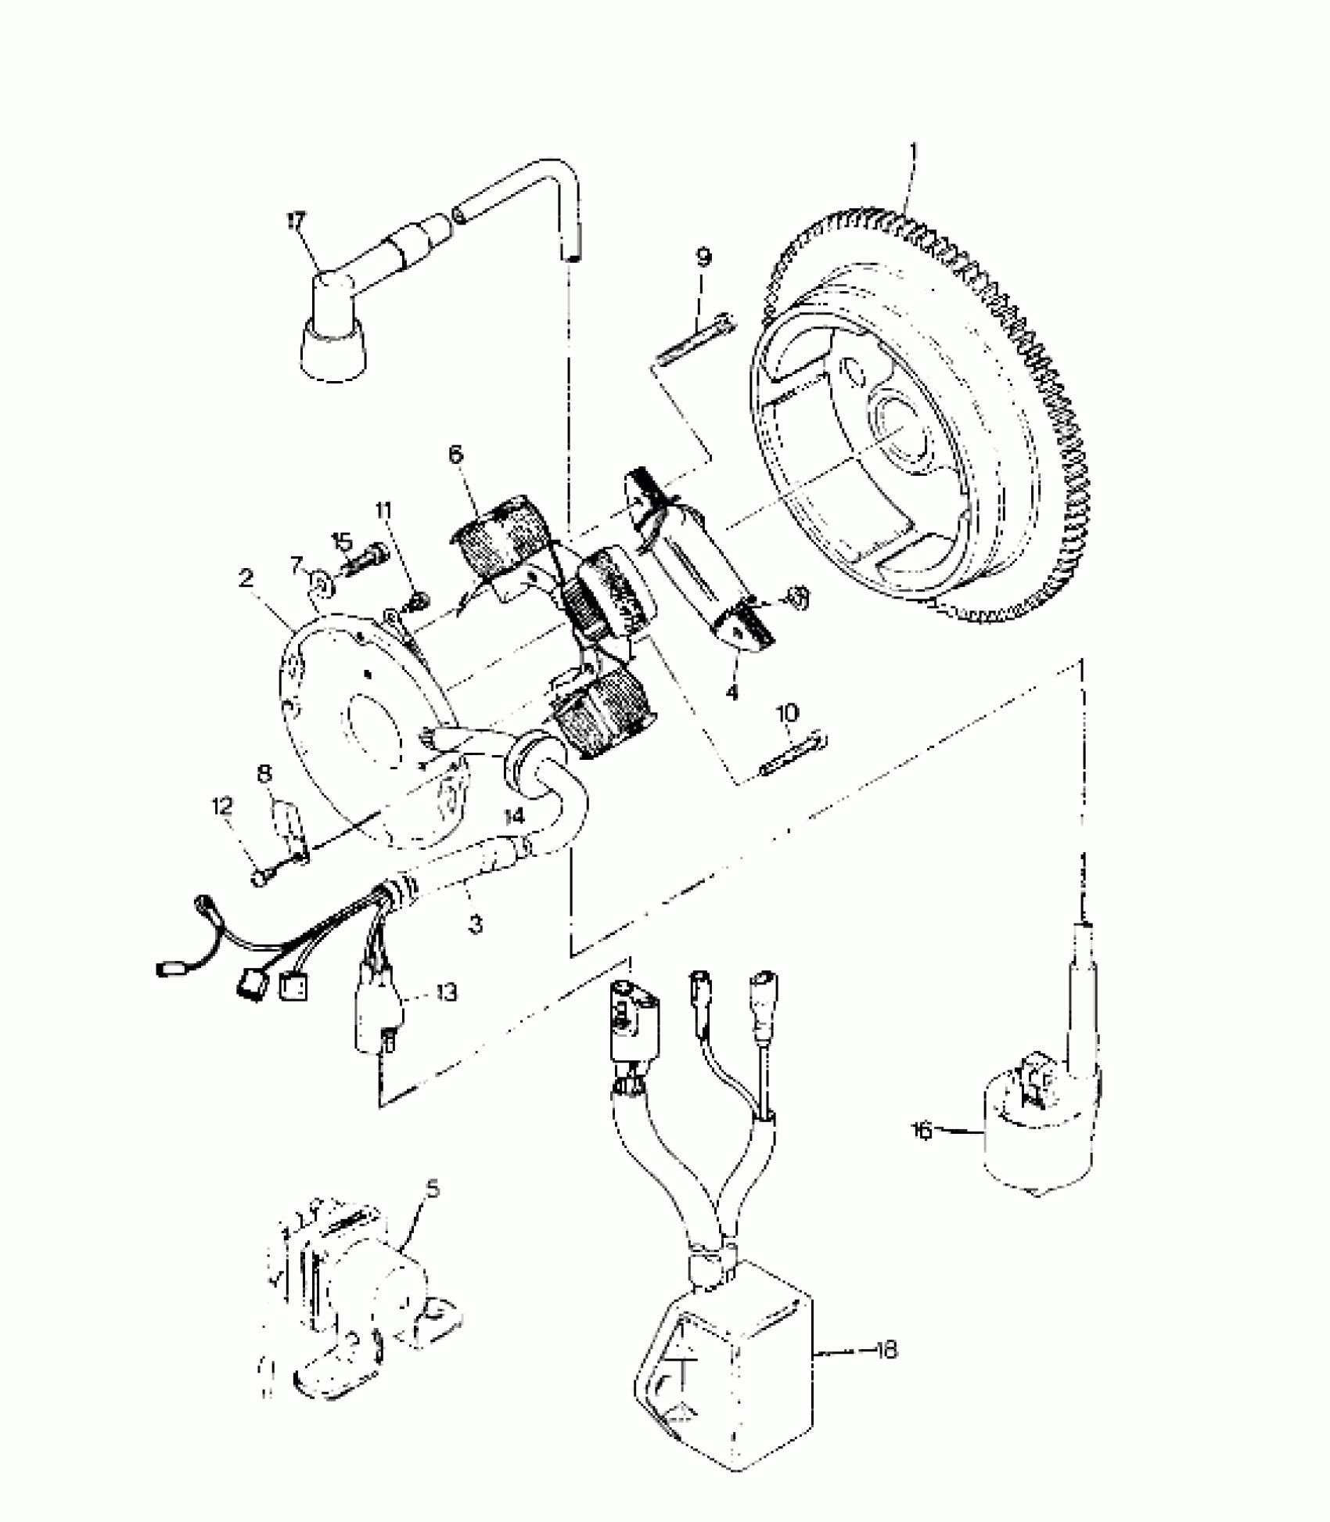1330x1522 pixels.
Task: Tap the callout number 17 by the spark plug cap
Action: pos(297,221)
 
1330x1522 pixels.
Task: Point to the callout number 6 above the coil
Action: pos(455,454)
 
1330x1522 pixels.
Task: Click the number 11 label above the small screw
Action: pos(383,510)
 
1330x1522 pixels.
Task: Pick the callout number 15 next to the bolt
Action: pos(342,540)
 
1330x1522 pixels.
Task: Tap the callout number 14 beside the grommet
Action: pos(514,816)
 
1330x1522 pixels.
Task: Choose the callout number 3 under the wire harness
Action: pos(475,924)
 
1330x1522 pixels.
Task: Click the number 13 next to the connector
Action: pos(447,993)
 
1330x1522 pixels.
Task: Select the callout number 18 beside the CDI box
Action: pos(886,1351)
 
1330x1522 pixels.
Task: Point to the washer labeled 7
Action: pos(322,582)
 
